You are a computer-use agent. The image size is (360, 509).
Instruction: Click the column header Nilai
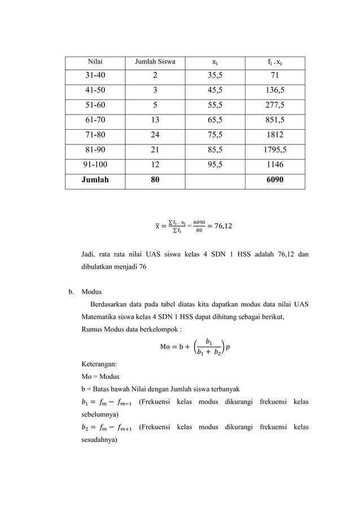[94, 62]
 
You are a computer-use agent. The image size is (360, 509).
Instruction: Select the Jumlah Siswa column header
[155, 62]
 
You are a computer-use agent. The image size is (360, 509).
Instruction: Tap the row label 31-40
[94, 76]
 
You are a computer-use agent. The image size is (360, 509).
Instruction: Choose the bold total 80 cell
[155, 181]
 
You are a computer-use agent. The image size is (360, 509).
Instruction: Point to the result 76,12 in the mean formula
[222, 227]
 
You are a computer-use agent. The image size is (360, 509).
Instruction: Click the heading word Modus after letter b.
[91, 292]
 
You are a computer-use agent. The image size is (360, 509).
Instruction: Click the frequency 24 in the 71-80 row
[155, 135]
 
